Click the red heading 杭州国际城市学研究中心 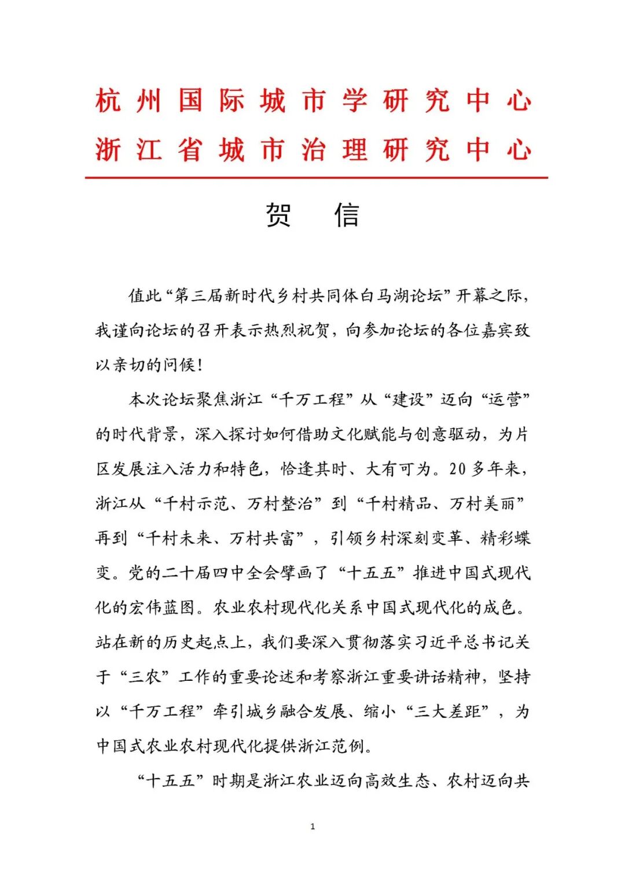click(313, 101)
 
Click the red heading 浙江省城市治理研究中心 click(313, 150)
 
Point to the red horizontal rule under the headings click(316, 178)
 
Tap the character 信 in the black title click(347, 215)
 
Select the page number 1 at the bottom click(312, 826)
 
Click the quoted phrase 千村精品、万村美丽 click(440, 504)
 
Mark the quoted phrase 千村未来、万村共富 click(220, 538)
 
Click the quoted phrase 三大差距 click(448, 711)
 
